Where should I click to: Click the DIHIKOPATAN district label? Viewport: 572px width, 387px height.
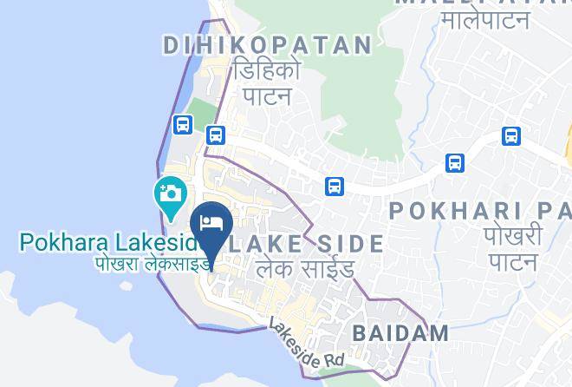point(268,45)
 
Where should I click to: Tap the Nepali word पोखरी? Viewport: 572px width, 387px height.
point(515,236)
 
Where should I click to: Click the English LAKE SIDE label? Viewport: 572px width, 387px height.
point(305,244)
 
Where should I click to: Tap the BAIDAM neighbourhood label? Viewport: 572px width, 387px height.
point(400,332)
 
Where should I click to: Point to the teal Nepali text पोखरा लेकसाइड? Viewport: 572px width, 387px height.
point(153,263)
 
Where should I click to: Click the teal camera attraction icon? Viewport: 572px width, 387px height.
point(170,193)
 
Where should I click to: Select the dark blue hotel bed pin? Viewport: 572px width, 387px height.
point(213,224)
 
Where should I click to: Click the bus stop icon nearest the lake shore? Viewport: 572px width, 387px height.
point(182,125)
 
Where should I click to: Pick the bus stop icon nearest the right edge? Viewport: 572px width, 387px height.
point(511,136)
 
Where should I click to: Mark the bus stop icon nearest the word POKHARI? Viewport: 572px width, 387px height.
point(455,163)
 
